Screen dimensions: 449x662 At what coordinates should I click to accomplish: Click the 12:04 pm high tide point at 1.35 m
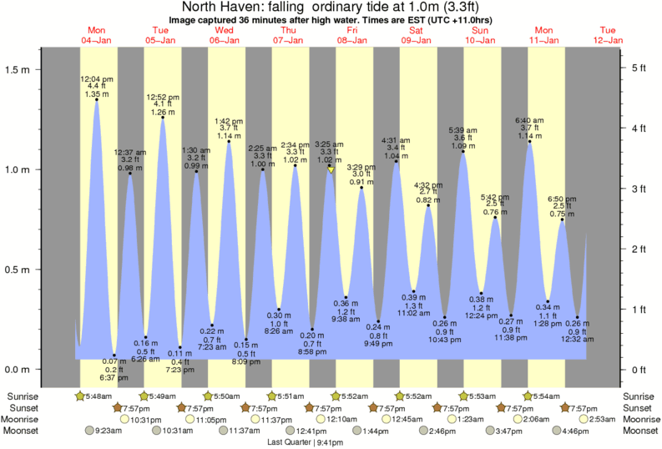97,100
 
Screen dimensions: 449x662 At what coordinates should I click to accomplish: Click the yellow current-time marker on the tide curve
331,169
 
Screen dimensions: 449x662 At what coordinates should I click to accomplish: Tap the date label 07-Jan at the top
288,40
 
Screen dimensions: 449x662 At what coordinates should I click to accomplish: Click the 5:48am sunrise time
99,396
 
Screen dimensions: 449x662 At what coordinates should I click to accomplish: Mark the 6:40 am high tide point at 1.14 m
529,142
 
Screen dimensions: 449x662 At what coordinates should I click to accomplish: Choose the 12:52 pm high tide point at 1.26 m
162,119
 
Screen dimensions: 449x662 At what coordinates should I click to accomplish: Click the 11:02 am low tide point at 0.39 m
413,291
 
